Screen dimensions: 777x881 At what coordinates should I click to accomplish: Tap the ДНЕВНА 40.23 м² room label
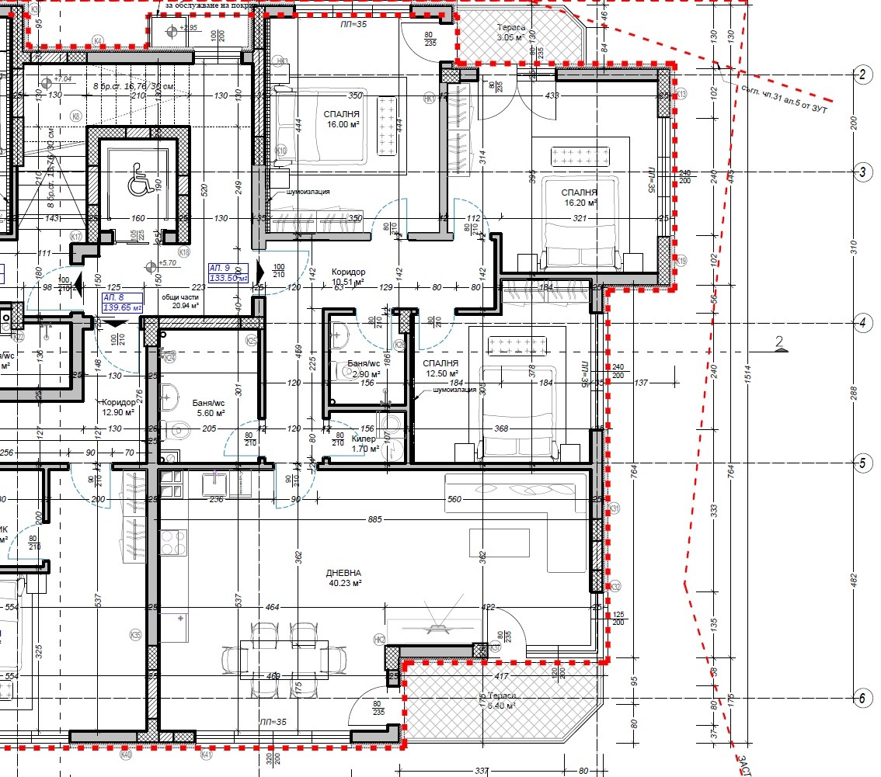click(343, 578)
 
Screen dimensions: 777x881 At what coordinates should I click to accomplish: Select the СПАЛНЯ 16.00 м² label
click(342, 118)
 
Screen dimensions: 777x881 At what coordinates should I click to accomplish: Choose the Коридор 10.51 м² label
click(347, 277)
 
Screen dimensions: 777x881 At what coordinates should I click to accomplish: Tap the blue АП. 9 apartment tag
click(228, 272)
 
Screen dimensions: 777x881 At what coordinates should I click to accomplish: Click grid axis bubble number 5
click(861, 463)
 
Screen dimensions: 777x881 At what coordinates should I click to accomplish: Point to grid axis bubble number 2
click(861, 75)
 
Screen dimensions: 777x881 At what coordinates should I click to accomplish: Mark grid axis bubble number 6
click(861, 698)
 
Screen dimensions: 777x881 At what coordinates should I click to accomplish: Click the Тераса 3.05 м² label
click(511, 32)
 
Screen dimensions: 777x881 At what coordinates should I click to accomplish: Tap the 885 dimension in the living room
click(375, 519)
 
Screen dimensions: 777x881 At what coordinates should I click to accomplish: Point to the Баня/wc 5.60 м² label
click(208, 408)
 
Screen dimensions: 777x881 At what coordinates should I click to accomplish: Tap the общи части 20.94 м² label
click(180, 301)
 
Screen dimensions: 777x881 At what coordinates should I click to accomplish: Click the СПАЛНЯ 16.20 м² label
click(580, 196)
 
